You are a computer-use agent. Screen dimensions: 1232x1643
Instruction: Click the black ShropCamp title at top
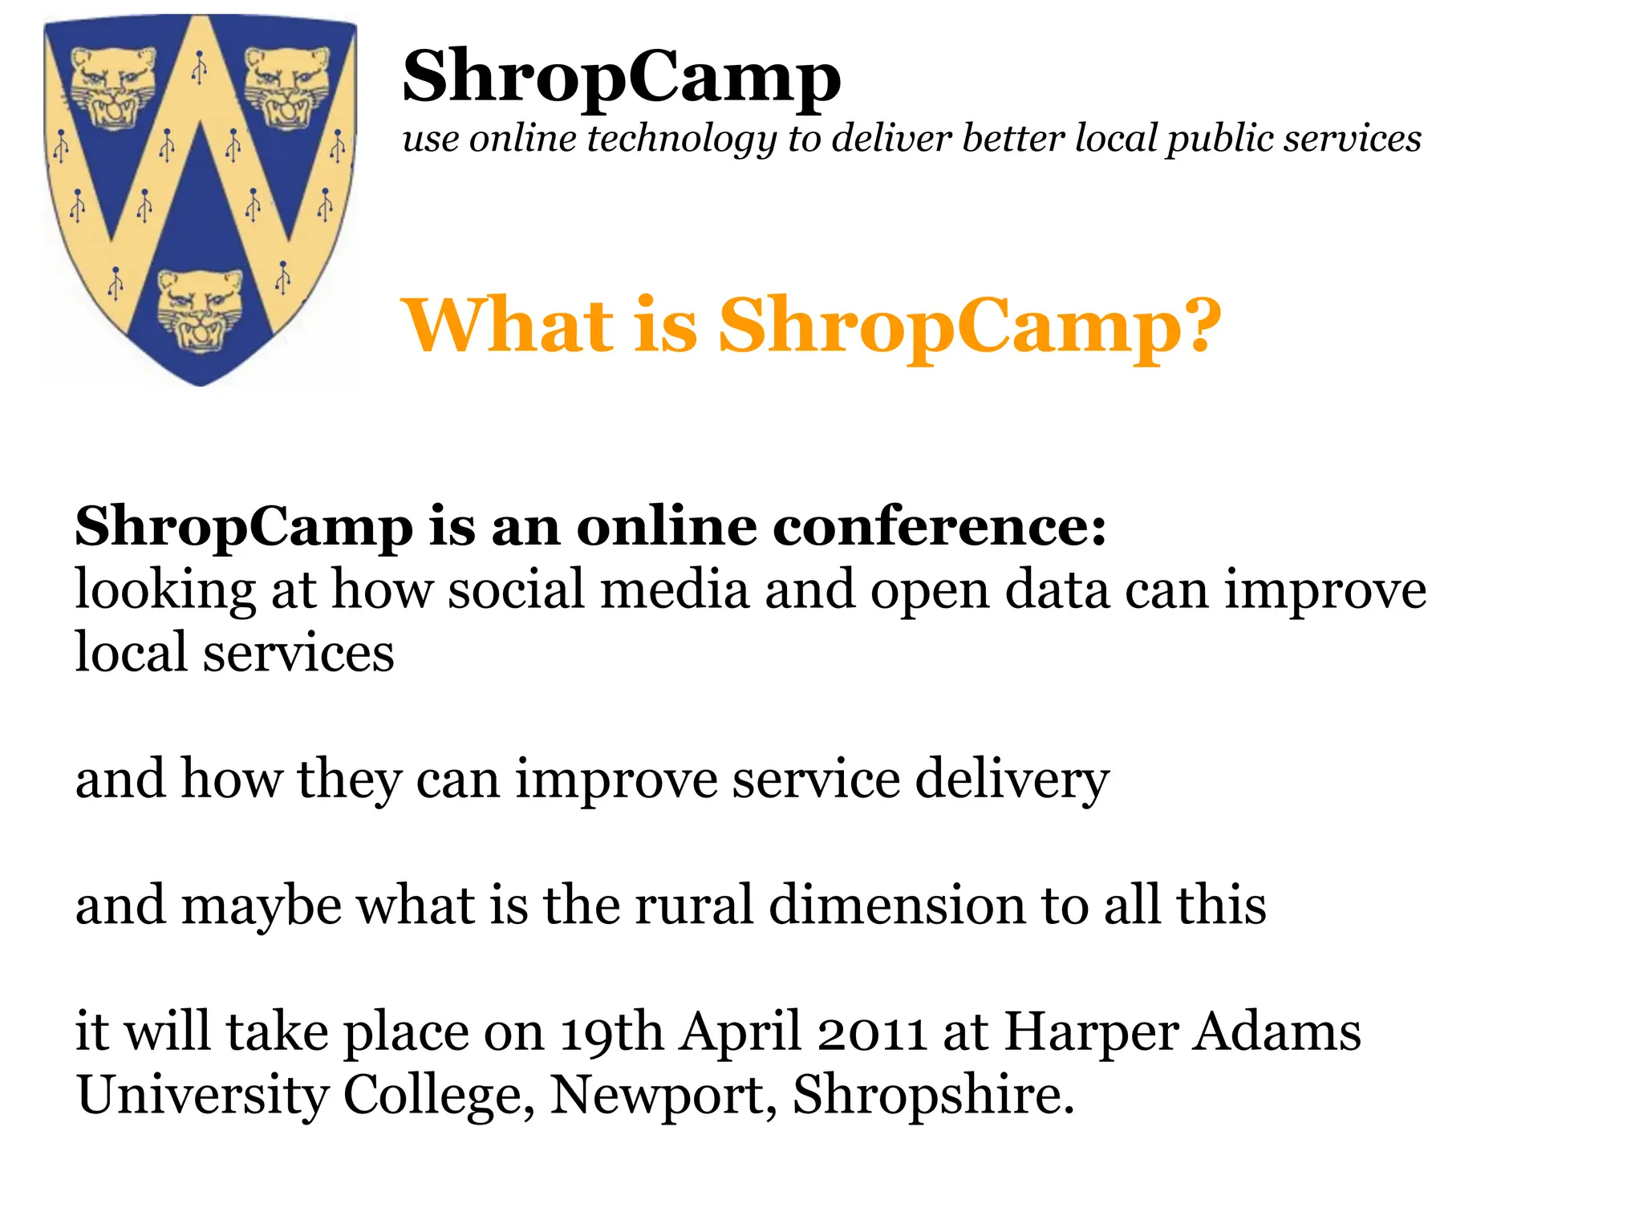tap(622, 77)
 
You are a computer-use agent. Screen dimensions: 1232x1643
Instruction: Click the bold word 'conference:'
tap(939, 527)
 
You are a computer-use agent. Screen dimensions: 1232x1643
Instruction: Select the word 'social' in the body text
tap(516, 590)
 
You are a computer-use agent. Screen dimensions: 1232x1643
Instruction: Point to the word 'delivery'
tap(1012, 780)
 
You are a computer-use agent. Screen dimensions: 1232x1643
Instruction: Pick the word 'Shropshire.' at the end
tap(933, 1096)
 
